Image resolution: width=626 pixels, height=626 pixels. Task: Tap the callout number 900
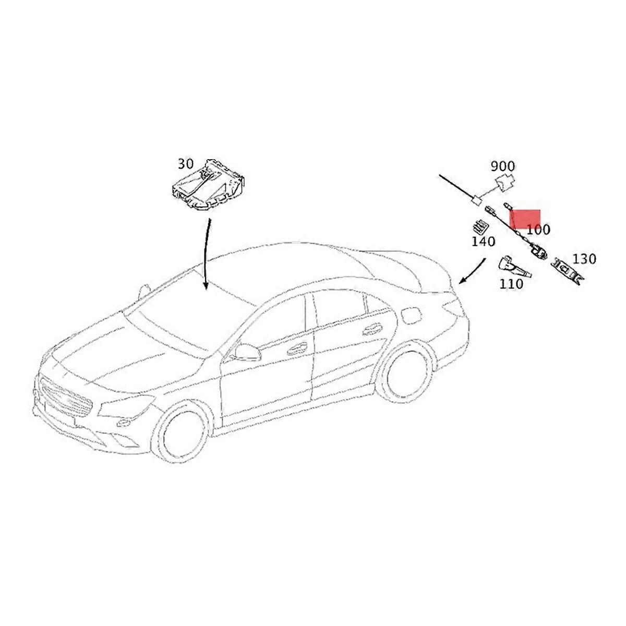pyautogui.click(x=502, y=166)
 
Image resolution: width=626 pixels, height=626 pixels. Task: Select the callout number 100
pyautogui.click(x=538, y=230)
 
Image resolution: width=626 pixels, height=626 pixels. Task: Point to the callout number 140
pyautogui.click(x=484, y=242)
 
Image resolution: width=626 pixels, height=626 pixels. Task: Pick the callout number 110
pyautogui.click(x=511, y=284)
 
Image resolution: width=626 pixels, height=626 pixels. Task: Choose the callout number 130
pyautogui.click(x=584, y=259)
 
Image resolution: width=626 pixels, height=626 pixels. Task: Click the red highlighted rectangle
pyautogui.click(x=525, y=219)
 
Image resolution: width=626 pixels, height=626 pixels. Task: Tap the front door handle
pyautogui.click(x=297, y=348)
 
